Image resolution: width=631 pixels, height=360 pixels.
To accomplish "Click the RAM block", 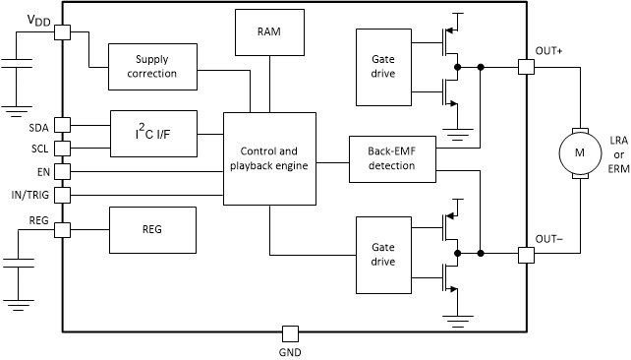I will [x=268, y=32].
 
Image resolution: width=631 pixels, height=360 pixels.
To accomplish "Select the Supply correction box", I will [x=150, y=66].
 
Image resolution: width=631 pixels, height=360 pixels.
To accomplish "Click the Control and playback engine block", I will [x=268, y=157].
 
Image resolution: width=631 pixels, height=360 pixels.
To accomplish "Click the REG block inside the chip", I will [x=152, y=229].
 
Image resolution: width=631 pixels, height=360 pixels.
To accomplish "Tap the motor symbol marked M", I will [x=578, y=152].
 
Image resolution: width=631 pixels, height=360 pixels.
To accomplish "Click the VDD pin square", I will [x=62, y=32].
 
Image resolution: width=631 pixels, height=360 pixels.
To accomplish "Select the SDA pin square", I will [x=62, y=125].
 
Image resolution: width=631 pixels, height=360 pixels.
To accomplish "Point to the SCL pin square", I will [x=62, y=148].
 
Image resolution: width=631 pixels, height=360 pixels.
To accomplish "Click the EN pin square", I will [x=62, y=171].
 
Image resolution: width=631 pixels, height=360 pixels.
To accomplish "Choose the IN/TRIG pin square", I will [x=62, y=194].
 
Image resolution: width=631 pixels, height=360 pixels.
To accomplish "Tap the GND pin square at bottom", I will [x=289, y=332].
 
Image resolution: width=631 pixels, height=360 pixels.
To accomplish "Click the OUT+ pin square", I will [x=525, y=67].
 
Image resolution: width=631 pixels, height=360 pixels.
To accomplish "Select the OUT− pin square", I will [x=525, y=254].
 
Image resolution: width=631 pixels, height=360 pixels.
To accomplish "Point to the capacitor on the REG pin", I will [x=17, y=264].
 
